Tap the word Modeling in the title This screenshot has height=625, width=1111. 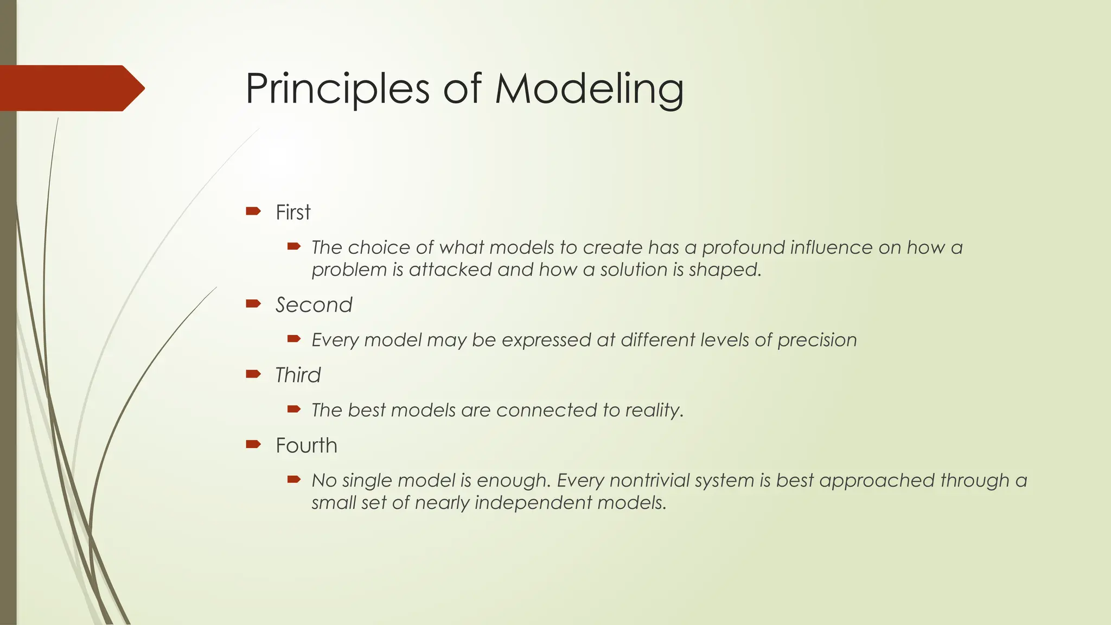(x=589, y=88)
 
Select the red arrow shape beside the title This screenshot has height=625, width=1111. (x=71, y=88)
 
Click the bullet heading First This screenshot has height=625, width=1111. (x=293, y=212)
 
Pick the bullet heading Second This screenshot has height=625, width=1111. (x=314, y=305)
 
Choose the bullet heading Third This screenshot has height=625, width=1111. (x=298, y=375)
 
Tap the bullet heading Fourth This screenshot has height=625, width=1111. (x=307, y=445)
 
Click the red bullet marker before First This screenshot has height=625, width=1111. (x=253, y=211)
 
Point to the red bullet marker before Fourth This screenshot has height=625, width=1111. (x=253, y=444)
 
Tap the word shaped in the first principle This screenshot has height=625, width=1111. (x=725, y=270)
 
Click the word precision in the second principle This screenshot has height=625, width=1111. (x=817, y=340)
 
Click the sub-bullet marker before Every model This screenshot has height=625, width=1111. (x=294, y=339)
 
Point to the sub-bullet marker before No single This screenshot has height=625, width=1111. (x=294, y=480)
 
